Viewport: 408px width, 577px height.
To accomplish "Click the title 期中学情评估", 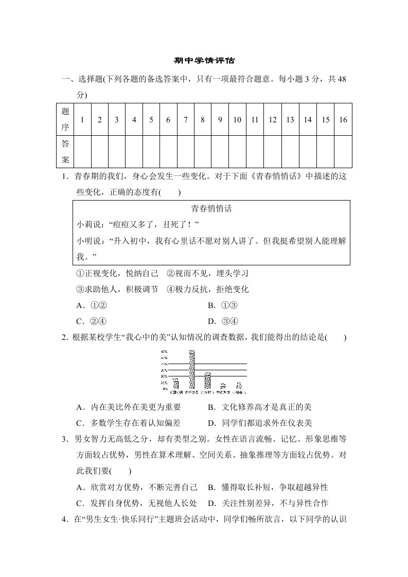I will (x=204, y=60).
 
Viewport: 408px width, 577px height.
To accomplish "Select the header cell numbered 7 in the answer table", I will (x=185, y=119).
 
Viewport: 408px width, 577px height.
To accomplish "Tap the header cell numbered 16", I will (x=343, y=119).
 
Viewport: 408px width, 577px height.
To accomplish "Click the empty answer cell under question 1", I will (x=82, y=152).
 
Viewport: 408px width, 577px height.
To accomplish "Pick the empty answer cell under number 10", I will (x=237, y=152).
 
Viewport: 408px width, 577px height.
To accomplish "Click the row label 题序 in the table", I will (x=65, y=119).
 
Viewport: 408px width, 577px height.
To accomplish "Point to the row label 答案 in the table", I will (x=65, y=152).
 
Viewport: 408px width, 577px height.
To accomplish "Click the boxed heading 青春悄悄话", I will (x=211, y=209).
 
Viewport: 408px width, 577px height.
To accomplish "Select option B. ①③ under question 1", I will (x=222, y=305).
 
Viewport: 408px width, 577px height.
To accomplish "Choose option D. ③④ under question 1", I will (x=222, y=321).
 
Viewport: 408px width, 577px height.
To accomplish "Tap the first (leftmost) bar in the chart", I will (x=176, y=383).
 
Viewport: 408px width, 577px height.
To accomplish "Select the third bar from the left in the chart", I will (x=208, y=380).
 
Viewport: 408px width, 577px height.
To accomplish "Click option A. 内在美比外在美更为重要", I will (x=128, y=407).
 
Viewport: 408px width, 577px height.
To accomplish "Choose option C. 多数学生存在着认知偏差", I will (x=128, y=423).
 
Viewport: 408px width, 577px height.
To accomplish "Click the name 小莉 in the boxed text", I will (x=83, y=225).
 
